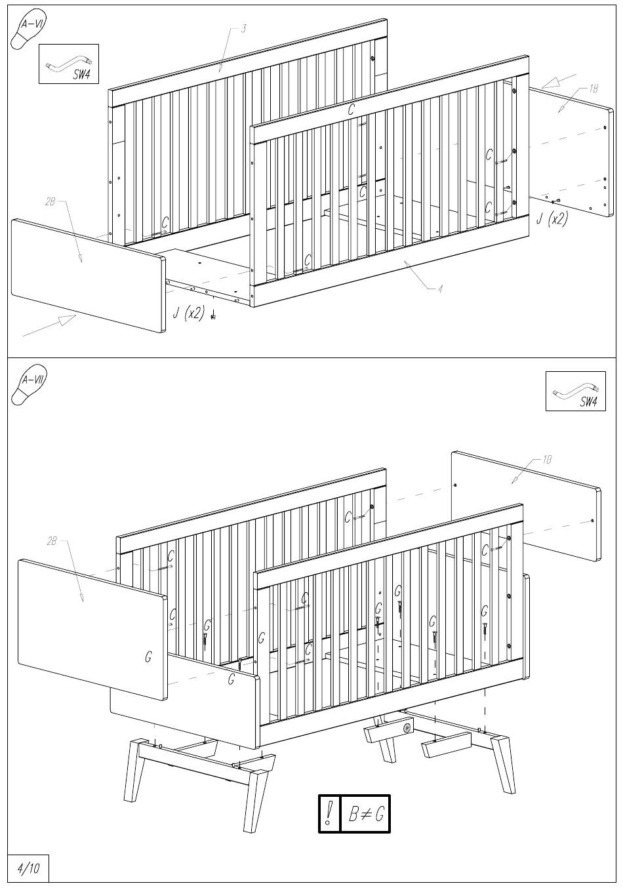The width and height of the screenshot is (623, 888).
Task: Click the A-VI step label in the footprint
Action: (x=31, y=24)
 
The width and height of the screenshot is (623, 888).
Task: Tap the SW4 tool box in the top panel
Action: (x=69, y=64)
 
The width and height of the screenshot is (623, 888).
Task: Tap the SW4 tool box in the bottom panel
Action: (x=575, y=391)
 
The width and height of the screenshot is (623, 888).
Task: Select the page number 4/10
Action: (x=29, y=868)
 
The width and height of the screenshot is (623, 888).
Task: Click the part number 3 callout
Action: (x=244, y=29)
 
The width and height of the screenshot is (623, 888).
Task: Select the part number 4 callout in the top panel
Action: (x=440, y=289)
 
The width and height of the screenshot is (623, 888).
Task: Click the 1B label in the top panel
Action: (x=593, y=89)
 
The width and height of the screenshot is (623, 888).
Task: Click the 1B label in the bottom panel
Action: (x=548, y=460)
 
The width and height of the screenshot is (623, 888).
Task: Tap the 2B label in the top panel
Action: (x=50, y=202)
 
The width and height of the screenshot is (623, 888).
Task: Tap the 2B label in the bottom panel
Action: (x=52, y=541)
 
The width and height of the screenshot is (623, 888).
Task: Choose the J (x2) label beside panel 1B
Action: (x=552, y=218)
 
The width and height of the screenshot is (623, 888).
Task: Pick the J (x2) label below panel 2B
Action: (x=189, y=313)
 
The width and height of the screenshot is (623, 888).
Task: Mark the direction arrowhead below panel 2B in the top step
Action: (x=68, y=319)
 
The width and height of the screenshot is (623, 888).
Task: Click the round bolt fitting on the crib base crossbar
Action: (x=407, y=727)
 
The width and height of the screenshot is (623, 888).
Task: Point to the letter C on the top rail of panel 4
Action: (x=351, y=110)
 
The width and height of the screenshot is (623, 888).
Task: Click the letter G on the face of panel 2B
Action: (x=148, y=657)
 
